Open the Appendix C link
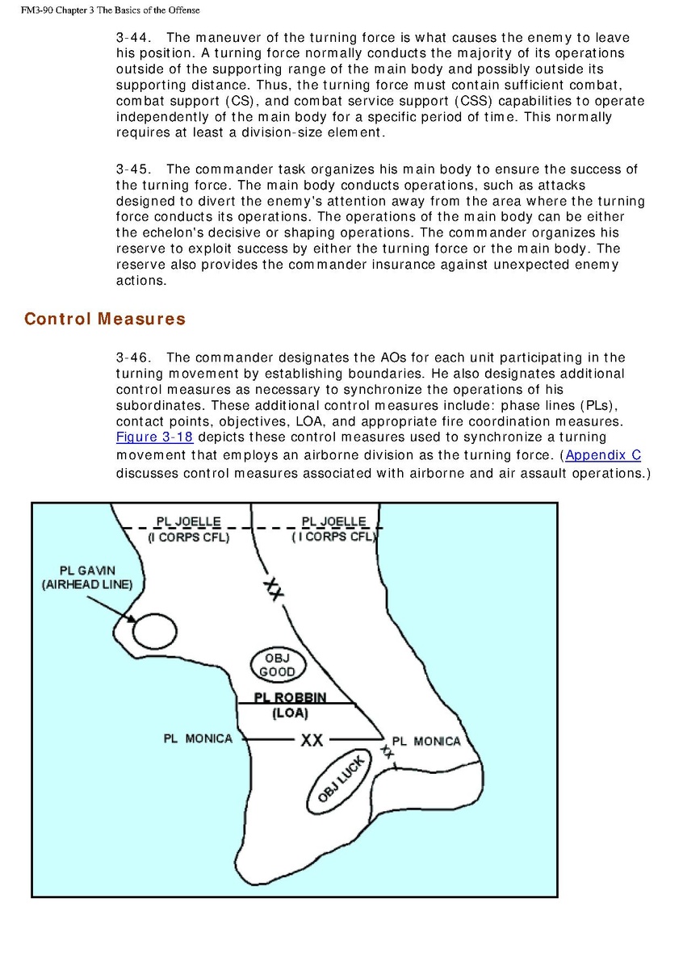click(x=603, y=455)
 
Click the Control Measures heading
click(x=105, y=319)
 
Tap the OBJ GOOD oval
click(x=277, y=665)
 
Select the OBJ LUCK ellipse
click(x=337, y=780)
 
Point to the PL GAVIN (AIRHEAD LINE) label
click(x=87, y=578)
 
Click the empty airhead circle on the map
click(x=154, y=629)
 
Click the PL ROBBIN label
click(x=290, y=698)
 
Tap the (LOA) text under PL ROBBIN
click(x=290, y=713)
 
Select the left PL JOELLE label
click(x=188, y=522)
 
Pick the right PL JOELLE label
click(x=333, y=522)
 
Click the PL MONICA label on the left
click(x=198, y=738)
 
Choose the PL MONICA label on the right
click(x=426, y=741)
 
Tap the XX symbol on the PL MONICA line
click(x=312, y=739)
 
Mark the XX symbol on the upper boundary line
click(x=274, y=589)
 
